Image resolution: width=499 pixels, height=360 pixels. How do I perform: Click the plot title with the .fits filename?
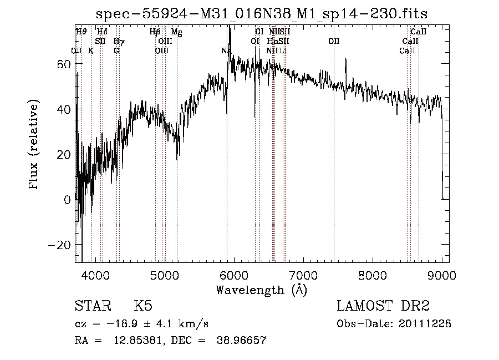pyautogui.click(x=261, y=13)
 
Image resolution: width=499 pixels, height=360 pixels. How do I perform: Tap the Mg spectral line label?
pyautogui.click(x=176, y=32)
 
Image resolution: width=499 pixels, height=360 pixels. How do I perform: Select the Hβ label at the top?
pyautogui.click(x=155, y=32)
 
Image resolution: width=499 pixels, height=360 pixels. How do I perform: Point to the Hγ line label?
pyautogui.click(x=119, y=42)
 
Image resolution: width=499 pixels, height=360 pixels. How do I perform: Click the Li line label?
pyautogui.click(x=283, y=50)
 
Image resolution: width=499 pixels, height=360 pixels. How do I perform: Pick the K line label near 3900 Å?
pyautogui.click(x=91, y=50)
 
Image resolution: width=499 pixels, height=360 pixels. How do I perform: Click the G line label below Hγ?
pyautogui.click(x=116, y=50)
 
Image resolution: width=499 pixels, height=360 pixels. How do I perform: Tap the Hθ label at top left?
pyautogui.click(x=81, y=32)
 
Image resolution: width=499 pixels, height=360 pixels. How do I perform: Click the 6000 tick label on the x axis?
pyautogui.click(x=233, y=275)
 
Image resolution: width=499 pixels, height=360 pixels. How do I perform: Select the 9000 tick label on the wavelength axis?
pyautogui.click(x=442, y=275)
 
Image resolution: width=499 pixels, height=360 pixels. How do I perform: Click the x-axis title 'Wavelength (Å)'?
pyautogui.click(x=261, y=290)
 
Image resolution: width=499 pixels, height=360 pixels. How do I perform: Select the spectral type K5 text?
pyautogui.click(x=143, y=307)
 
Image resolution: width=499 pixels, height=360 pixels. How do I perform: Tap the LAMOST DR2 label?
pyautogui.click(x=383, y=307)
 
